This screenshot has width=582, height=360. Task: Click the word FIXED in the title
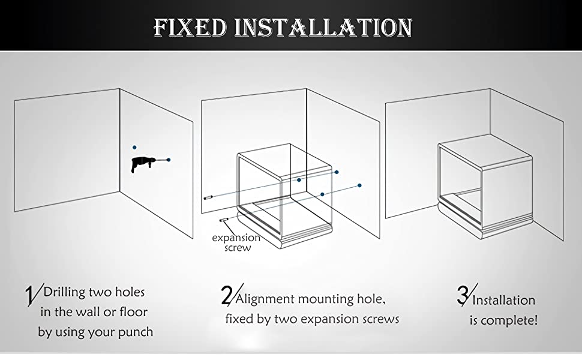coord(190,28)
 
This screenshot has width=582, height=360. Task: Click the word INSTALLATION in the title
coord(323,28)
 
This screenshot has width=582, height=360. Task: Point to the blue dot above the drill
coord(134,148)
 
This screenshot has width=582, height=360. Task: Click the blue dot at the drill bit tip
coord(169,160)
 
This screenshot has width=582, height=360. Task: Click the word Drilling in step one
coord(65,293)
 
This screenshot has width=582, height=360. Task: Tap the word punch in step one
coord(136,332)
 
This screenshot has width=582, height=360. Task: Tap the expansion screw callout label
coord(236,243)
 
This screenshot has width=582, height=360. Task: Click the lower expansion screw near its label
coord(223,220)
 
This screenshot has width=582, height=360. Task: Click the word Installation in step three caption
coord(503,300)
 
